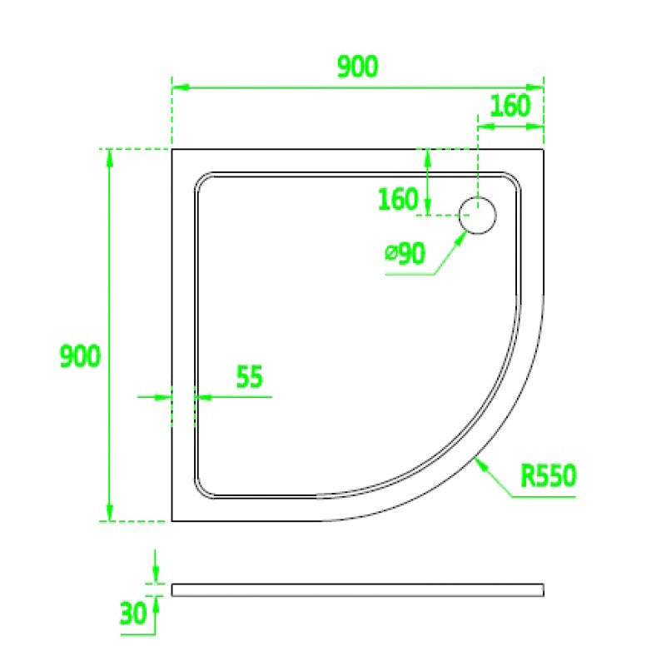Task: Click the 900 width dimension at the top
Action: [357, 67]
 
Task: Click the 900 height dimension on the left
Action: [80, 356]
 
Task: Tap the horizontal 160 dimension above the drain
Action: [510, 106]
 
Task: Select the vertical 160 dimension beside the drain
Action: [398, 199]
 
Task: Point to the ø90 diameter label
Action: [405, 254]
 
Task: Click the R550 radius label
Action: [549, 475]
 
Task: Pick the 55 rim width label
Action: [249, 376]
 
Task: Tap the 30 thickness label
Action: [133, 614]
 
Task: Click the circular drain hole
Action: [477, 216]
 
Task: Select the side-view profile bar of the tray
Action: [358, 590]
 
